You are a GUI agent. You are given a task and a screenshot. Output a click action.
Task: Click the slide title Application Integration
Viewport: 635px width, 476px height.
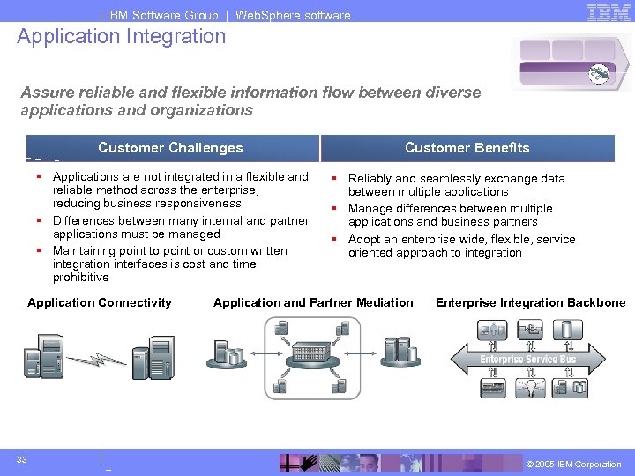[x=122, y=36]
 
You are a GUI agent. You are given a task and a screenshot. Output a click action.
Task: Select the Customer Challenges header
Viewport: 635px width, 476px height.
[x=170, y=148]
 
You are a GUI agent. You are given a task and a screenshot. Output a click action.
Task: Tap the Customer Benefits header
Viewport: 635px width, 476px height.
[x=467, y=148]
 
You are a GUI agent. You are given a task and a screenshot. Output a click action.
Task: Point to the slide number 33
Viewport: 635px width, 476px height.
[x=22, y=460]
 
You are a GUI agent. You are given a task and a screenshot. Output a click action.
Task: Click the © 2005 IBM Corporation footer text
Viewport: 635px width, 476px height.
[x=573, y=465]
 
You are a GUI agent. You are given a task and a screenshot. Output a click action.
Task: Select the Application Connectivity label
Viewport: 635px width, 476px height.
[x=100, y=302]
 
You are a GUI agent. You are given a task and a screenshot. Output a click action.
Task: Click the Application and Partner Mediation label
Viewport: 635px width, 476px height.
[x=313, y=302]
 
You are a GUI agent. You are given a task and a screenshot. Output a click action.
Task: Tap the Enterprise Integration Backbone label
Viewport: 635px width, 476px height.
[x=530, y=302]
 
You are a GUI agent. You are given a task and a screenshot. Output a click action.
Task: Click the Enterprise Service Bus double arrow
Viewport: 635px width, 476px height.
[x=528, y=359]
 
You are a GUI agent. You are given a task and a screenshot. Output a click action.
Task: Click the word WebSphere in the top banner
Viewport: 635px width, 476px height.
[x=266, y=15]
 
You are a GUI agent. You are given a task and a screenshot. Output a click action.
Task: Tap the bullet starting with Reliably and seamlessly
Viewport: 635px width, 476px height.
[x=456, y=185]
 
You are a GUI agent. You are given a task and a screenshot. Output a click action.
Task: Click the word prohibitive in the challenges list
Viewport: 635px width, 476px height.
[x=81, y=278]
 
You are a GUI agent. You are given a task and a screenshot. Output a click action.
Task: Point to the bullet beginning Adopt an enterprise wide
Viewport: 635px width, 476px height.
[x=461, y=246]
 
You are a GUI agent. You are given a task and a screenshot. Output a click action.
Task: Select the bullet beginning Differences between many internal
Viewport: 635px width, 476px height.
[x=181, y=227]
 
